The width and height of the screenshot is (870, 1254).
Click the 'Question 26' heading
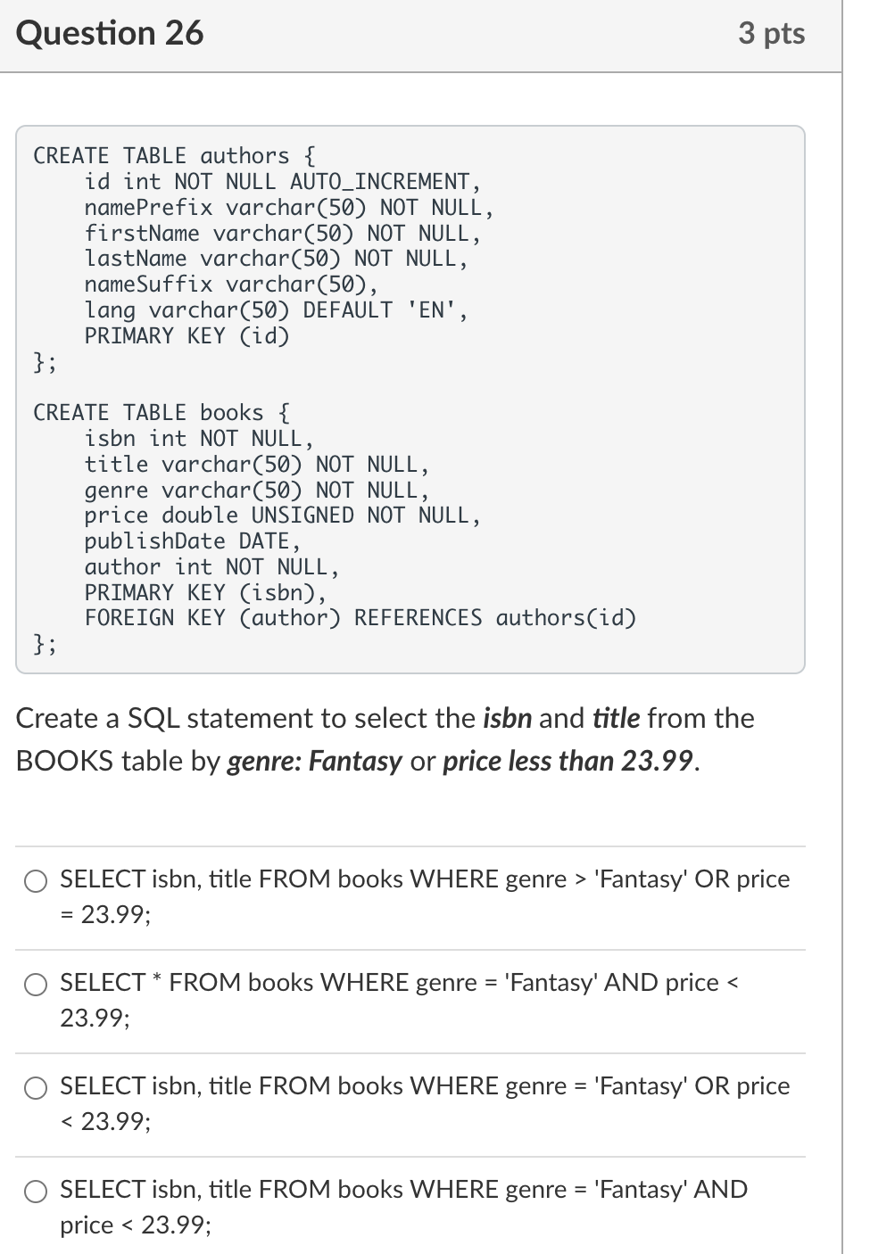(x=110, y=34)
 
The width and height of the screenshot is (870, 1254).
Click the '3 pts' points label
(x=771, y=34)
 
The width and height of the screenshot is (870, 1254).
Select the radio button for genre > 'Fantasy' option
(x=36, y=881)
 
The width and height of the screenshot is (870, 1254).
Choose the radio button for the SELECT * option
(x=36, y=985)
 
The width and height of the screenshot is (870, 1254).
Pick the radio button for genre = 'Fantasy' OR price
(x=36, y=1088)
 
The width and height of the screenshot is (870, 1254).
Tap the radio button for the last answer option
(x=36, y=1192)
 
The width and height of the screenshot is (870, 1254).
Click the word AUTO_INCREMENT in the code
(x=380, y=182)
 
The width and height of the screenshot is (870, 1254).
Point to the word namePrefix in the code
(x=148, y=208)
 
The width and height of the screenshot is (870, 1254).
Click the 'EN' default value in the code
(x=432, y=310)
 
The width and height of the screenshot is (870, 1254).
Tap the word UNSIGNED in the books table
(x=302, y=516)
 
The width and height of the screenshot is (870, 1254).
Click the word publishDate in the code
(x=154, y=541)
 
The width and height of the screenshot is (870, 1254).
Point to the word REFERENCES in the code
(x=418, y=618)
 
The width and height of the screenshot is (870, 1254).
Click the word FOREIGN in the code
(x=129, y=618)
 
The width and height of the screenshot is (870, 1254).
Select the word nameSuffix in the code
(x=148, y=285)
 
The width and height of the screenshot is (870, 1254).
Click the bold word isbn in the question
(x=507, y=718)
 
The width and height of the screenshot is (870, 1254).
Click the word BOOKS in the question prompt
(x=65, y=761)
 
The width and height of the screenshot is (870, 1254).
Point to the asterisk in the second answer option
(x=157, y=981)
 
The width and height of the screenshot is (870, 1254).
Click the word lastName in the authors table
(x=136, y=259)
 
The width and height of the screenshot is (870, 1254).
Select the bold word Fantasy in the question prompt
(x=355, y=761)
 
